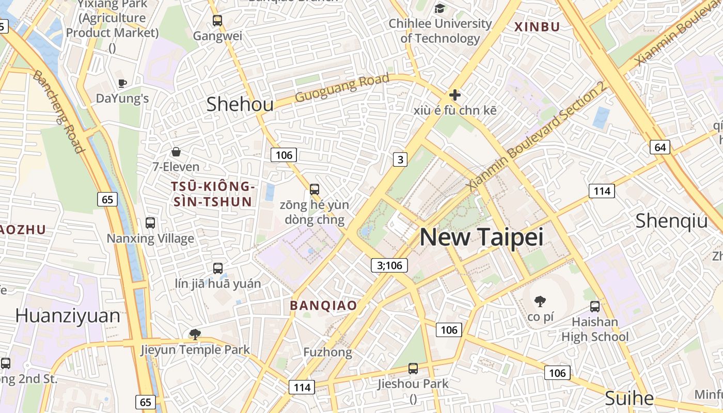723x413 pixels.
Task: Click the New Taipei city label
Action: pos(481,237)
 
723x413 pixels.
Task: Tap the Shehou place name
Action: pos(240,104)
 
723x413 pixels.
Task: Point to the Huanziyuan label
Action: pos(68,315)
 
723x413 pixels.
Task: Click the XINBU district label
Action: pos(537,27)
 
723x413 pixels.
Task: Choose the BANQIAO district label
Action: pos(323,305)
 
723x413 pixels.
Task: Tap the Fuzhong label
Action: pos(327,353)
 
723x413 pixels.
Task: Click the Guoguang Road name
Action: pos(342,88)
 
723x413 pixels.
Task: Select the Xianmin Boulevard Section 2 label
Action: pos(537,137)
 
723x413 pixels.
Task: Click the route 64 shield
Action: pos(660,147)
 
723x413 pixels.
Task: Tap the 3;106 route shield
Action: pos(389,265)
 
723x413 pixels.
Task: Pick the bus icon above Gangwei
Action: pos(217,21)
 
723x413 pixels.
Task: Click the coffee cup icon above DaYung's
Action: pos(122,83)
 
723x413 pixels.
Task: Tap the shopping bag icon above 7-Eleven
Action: pos(176,152)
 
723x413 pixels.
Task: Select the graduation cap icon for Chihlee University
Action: pos(439,8)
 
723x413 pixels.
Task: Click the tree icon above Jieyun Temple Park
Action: pos(195,335)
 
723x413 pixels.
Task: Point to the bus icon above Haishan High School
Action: pos(595,307)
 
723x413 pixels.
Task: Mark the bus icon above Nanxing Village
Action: pos(150,223)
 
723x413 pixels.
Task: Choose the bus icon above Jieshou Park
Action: pos(413,369)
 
